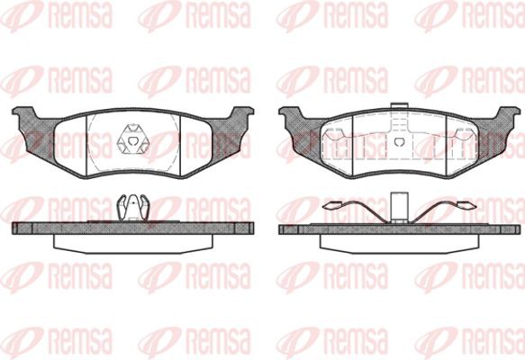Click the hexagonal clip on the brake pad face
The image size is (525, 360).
tap(132, 139)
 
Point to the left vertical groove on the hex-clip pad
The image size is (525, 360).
tap(86, 145)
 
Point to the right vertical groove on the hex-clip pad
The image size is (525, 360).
tap(180, 146)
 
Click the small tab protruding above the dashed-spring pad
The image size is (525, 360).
tap(399, 105)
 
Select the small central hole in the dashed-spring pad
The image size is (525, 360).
tap(399, 142)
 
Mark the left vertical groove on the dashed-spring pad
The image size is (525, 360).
tap(354, 146)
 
